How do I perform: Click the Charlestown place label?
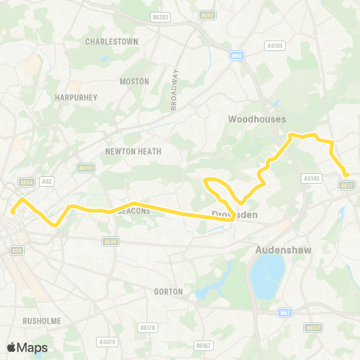[112, 42]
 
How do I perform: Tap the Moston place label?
[135, 81]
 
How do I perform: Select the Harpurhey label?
[73, 97]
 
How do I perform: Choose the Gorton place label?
[167, 291]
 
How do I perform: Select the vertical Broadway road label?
[175, 90]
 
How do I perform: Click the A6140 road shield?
[311, 178]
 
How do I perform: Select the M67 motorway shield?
[283, 312]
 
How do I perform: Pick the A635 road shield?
[110, 241]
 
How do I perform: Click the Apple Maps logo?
[27, 347]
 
